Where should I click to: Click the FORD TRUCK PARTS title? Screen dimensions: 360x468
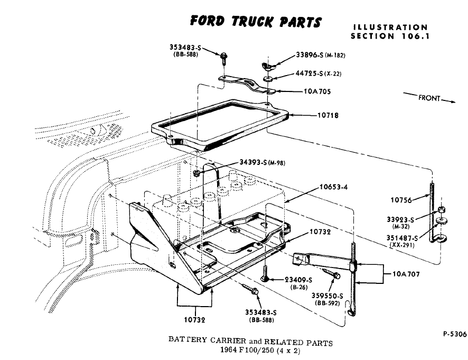(x=256, y=21)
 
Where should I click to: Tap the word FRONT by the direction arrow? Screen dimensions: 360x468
(x=429, y=98)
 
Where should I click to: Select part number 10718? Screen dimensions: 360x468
(x=327, y=115)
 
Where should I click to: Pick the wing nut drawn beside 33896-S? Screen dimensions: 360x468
(x=268, y=66)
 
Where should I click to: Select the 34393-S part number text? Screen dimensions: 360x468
(x=253, y=162)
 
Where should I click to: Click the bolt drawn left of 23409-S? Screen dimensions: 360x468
(x=266, y=278)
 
